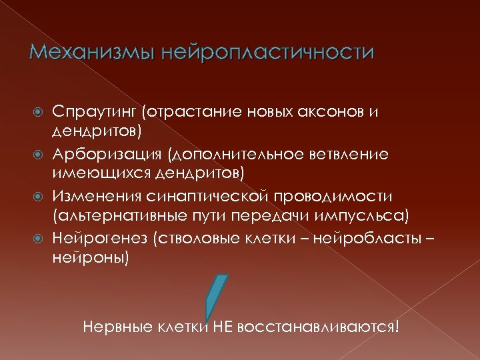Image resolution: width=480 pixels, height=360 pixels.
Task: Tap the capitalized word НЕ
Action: tap(221, 327)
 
